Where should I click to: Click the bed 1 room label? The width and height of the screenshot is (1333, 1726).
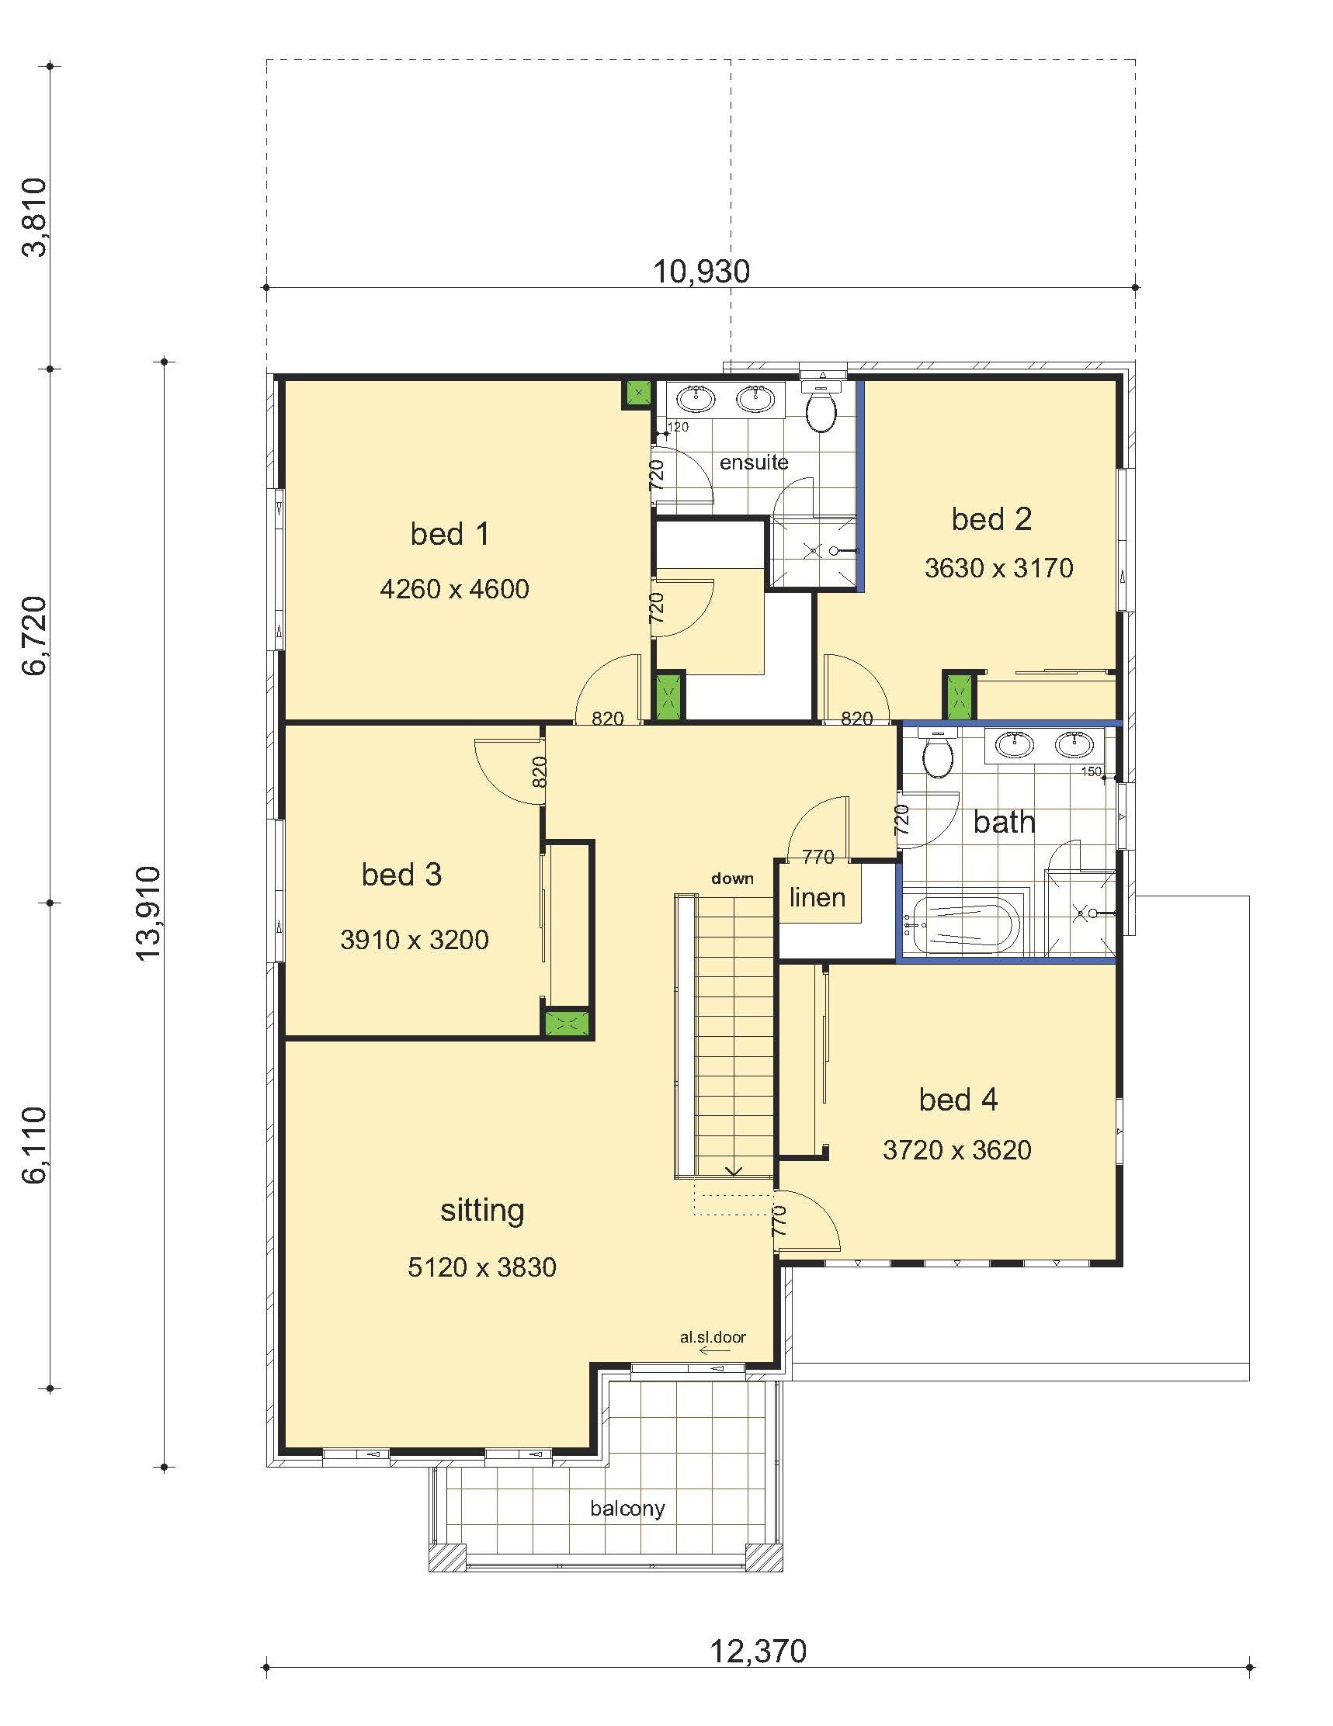point(449,534)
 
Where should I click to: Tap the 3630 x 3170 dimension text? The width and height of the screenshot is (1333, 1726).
point(998,567)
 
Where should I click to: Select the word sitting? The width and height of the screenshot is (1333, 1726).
point(481,1211)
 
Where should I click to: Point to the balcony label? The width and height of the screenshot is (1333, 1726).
point(627,1508)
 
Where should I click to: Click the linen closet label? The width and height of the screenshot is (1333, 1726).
point(817,897)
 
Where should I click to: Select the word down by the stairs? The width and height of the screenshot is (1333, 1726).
point(732,878)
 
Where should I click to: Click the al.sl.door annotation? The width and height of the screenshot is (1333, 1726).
point(713,1337)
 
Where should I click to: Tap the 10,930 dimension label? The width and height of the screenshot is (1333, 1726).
point(701,271)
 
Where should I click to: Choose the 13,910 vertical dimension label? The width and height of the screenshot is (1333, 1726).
point(148,913)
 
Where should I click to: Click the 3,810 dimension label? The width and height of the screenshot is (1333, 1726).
point(35,217)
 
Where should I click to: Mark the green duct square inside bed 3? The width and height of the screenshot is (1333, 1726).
point(567,1024)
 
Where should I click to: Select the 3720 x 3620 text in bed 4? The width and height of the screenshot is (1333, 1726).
point(956,1150)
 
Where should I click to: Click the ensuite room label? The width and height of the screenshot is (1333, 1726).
point(754,463)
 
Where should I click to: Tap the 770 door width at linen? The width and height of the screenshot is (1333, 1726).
point(818,856)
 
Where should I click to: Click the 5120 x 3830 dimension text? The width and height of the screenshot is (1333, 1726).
point(481,1267)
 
